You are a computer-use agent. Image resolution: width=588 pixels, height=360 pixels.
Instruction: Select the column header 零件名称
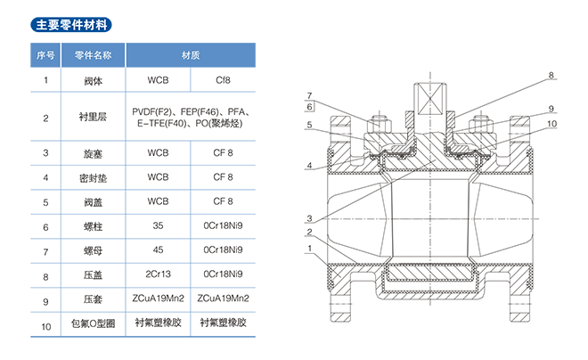tap(93, 55)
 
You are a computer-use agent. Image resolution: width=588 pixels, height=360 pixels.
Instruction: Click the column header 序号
tap(45, 55)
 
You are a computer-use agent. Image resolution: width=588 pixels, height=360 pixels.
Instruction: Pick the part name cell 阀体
tap(93, 80)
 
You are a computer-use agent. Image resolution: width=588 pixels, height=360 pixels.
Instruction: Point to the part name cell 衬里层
tap(93, 117)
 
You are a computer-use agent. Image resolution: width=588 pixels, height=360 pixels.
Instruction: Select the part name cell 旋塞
tap(93, 153)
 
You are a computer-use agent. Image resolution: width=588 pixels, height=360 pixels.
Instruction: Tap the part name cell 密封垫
tap(93, 177)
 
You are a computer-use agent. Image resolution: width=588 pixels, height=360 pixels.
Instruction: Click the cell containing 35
tap(159, 226)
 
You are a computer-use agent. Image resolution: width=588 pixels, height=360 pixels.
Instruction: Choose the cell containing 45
tap(159, 251)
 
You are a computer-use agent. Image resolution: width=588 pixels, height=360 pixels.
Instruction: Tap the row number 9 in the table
tap(45, 300)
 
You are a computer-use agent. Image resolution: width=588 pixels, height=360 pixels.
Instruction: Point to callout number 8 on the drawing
tap(551, 75)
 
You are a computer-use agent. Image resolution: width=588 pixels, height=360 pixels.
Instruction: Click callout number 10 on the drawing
tap(552, 124)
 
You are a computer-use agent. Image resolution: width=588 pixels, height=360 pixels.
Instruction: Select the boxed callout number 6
tap(309, 107)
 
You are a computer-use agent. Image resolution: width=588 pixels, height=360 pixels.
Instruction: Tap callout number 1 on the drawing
tap(309, 248)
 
